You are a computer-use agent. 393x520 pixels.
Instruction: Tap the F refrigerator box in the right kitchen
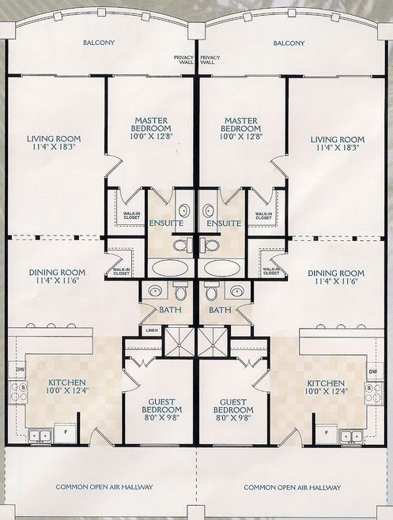pyautogui.click(x=327, y=433)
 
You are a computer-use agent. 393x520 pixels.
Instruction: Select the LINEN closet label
pyautogui.click(x=152, y=330)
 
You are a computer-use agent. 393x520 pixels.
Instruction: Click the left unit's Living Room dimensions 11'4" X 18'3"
pyautogui.click(x=54, y=147)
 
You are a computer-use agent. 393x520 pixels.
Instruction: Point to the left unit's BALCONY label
pyautogui.click(x=99, y=43)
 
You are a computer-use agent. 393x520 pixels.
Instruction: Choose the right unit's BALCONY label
pyautogui.click(x=289, y=43)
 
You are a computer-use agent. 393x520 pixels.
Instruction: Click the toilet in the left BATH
pyautogui.click(x=180, y=291)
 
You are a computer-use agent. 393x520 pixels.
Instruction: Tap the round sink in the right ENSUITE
pyautogui.click(x=209, y=209)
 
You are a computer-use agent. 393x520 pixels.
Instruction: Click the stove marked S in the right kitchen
pyautogui.click(x=374, y=393)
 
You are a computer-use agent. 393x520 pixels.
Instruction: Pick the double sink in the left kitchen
pyautogui.click(x=40, y=435)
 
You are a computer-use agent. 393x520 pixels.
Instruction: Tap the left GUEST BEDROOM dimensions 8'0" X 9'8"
pyautogui.click(x=161, y=417)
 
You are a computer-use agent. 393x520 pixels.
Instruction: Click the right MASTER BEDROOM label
pyautogui.click(x=241, y=124)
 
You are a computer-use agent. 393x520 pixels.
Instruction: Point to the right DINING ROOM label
pyautogui.click(x=336, y=273)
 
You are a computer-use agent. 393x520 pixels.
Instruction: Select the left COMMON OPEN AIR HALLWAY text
pyautogui.click(x=104, y=487)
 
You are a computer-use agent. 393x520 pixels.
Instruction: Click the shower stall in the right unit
pyautogui.click(x=213, y=341)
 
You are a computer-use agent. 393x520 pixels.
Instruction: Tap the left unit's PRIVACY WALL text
pyautogui.click(x=184, y=60)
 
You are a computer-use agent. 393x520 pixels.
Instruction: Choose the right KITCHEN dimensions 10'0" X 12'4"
pyautogui.click(x=327, y=391)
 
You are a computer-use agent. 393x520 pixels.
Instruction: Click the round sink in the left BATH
pyautogui.click(x=155, y=292)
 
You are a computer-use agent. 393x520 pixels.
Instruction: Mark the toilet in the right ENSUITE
pyautogui.click(x=210, y=245)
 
